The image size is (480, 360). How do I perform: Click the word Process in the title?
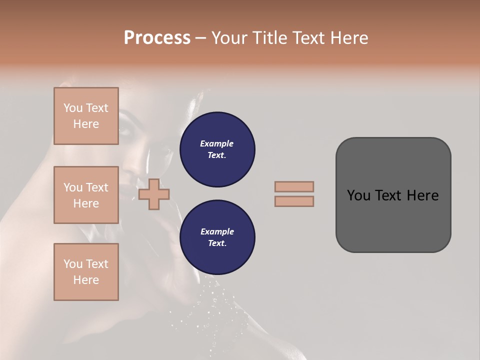[157, 38]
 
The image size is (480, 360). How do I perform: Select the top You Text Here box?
[86, 116]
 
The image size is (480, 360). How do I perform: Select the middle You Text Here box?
[86, 195]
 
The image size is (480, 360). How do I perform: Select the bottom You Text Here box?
[86, 272]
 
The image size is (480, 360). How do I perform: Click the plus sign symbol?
[154, 194]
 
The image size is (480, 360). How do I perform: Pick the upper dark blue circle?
[217, 149]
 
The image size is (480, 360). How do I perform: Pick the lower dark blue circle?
[217, 237]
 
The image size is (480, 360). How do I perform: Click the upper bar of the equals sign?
[294, 187]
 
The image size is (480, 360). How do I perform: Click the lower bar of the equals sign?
[294, 201]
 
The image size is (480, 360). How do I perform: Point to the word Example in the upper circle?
[217, 143]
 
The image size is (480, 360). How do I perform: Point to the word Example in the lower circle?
[217, 231]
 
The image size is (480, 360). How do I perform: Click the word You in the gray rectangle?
[358, 195]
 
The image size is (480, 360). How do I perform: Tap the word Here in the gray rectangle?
[422, 195]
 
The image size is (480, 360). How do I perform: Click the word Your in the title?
[229, 38]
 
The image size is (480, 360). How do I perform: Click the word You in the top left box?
[73, 108]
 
